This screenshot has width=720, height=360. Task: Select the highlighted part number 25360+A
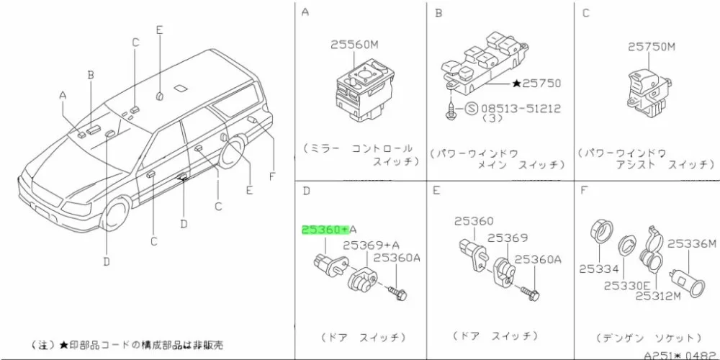325,230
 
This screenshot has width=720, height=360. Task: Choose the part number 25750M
652,48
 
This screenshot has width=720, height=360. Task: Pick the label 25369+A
372,245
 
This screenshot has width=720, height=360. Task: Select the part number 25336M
693,243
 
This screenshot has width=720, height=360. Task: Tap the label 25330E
627,284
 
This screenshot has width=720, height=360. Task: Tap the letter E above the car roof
160,30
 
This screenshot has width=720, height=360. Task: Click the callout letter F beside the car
273,175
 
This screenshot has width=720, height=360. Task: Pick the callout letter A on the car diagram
63,95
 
